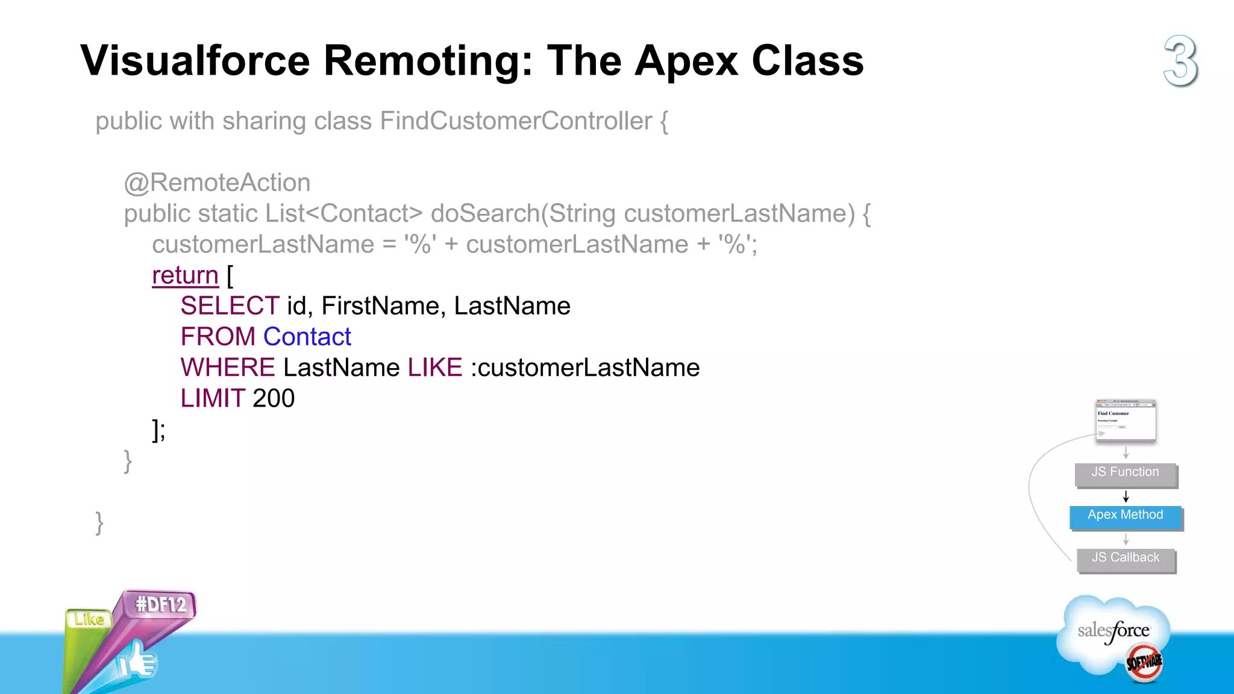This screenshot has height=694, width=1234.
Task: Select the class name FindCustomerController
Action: coord(516,121)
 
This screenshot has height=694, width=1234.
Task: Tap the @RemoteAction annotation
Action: coord(217,183)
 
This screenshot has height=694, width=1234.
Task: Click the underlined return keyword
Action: coord(185,275)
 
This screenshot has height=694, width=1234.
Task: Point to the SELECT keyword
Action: coord(230,306)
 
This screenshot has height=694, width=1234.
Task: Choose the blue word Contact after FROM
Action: coord(307,337)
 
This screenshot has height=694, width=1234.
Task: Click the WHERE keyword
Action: coord(228,367)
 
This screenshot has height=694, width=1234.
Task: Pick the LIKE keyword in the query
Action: coord(434,367)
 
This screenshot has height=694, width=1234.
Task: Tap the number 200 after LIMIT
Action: coord(274,398)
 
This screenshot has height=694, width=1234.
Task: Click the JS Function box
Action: coord(1126,474)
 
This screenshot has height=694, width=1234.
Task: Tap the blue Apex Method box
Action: coord(1126,516)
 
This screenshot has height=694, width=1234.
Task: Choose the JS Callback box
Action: coord(1126,559)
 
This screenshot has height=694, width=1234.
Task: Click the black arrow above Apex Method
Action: coord(1126,496)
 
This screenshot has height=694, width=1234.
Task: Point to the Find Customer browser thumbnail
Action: coord(1126,420)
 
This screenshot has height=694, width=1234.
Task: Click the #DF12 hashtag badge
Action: coord(160,604)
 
